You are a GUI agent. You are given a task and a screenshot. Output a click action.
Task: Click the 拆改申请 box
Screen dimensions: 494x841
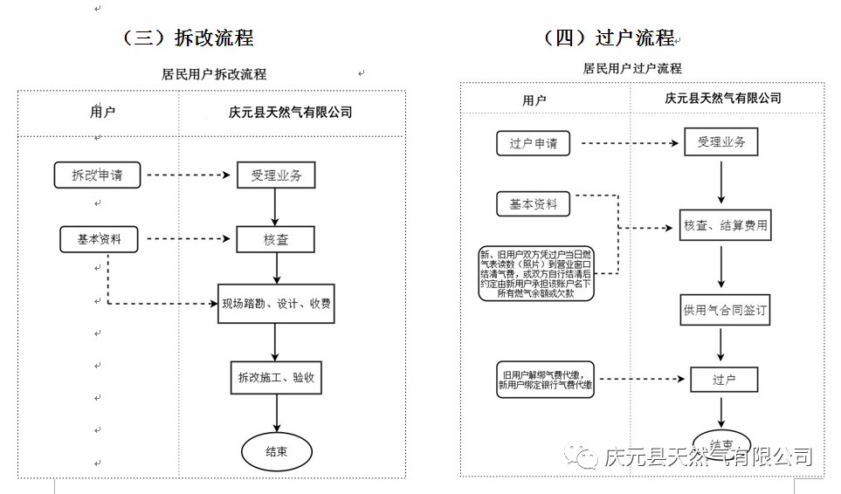97,175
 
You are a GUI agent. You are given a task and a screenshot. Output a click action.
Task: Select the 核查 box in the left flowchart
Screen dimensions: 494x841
275,239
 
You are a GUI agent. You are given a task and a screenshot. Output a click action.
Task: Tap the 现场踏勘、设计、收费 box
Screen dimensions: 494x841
276,305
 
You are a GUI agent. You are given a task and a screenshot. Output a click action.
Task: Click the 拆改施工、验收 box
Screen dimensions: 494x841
276,378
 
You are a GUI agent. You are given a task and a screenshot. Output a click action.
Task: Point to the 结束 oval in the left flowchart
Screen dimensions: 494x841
276,451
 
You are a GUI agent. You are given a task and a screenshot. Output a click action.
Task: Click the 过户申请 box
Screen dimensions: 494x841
533,143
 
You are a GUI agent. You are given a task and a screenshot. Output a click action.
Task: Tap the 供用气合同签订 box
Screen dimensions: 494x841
726,308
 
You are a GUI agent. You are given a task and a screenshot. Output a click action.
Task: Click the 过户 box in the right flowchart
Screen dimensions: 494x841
724,380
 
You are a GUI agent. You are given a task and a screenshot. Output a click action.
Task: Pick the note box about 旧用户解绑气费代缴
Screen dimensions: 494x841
545,380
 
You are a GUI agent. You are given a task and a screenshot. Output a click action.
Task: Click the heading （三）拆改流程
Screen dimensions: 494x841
188,38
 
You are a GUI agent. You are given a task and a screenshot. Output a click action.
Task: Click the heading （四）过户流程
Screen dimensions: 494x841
609,38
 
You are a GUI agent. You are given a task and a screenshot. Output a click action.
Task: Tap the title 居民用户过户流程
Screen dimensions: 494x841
632,68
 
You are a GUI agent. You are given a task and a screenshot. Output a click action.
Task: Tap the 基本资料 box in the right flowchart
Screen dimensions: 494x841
533,205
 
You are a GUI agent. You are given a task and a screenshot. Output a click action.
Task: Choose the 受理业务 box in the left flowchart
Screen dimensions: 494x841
276,175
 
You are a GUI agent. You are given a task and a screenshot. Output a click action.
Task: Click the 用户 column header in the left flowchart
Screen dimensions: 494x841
102,112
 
